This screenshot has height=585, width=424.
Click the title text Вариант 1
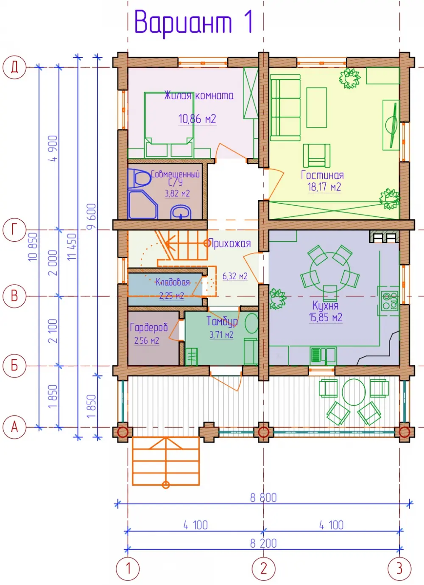tap(193, 23)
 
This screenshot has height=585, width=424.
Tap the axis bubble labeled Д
tap(14, 67)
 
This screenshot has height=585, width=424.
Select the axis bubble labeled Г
tap(14, 230)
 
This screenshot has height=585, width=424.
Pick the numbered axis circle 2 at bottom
tap(263, 568)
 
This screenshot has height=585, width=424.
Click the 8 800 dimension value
tap(263, 498)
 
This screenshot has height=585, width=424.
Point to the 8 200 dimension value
tap(263, 543)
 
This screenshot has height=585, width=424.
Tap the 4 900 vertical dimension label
tap(53, 148)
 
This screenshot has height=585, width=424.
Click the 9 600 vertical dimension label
tap(92, 217)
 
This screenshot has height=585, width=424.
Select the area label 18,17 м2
tap(324, 187)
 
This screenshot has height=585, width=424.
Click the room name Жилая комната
tap(199, 95)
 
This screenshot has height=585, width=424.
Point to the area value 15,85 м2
tap(325, 317)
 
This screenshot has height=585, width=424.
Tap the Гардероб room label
tap(149, 327)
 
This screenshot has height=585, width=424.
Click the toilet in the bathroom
tap(139, 178)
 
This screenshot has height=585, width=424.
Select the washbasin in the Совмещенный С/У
tap(181, 212)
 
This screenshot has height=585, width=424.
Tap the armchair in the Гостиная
tap(316, 155)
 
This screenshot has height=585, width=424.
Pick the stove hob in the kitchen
tap(390, 301)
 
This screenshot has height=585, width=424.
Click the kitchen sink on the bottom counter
tap(324, 355)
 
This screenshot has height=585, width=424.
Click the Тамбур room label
tap(222, 321)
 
